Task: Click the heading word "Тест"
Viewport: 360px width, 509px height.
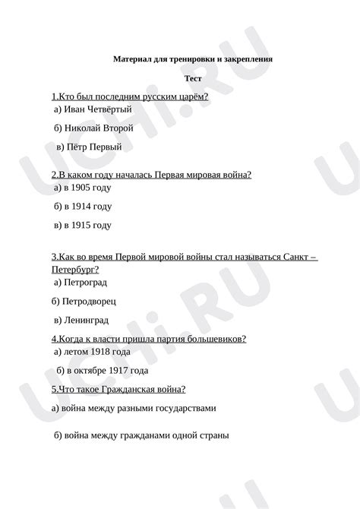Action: point(193,78)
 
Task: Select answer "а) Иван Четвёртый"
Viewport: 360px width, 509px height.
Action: point(88,109)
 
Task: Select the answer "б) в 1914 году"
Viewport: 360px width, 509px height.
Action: point(83,206)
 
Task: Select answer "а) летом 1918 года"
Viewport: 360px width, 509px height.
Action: point(93,352)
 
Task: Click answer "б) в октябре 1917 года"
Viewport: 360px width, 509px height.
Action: point(101,371)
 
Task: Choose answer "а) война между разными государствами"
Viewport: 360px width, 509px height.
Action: point(134,408)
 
